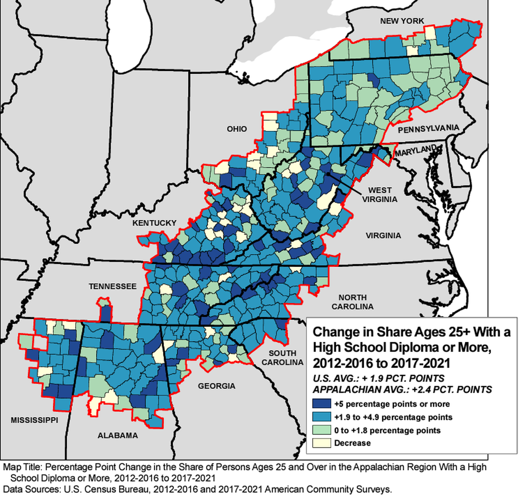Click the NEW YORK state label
402,21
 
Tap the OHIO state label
236,129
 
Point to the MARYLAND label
416,151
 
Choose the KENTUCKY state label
154,223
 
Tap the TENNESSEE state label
112,286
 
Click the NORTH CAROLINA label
352,302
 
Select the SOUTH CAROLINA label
282,358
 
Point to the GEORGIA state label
216,386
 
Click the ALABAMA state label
117,436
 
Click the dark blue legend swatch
321,404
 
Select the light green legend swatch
321,431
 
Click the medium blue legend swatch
321,417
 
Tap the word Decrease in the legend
352,443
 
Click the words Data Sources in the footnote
27,488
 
